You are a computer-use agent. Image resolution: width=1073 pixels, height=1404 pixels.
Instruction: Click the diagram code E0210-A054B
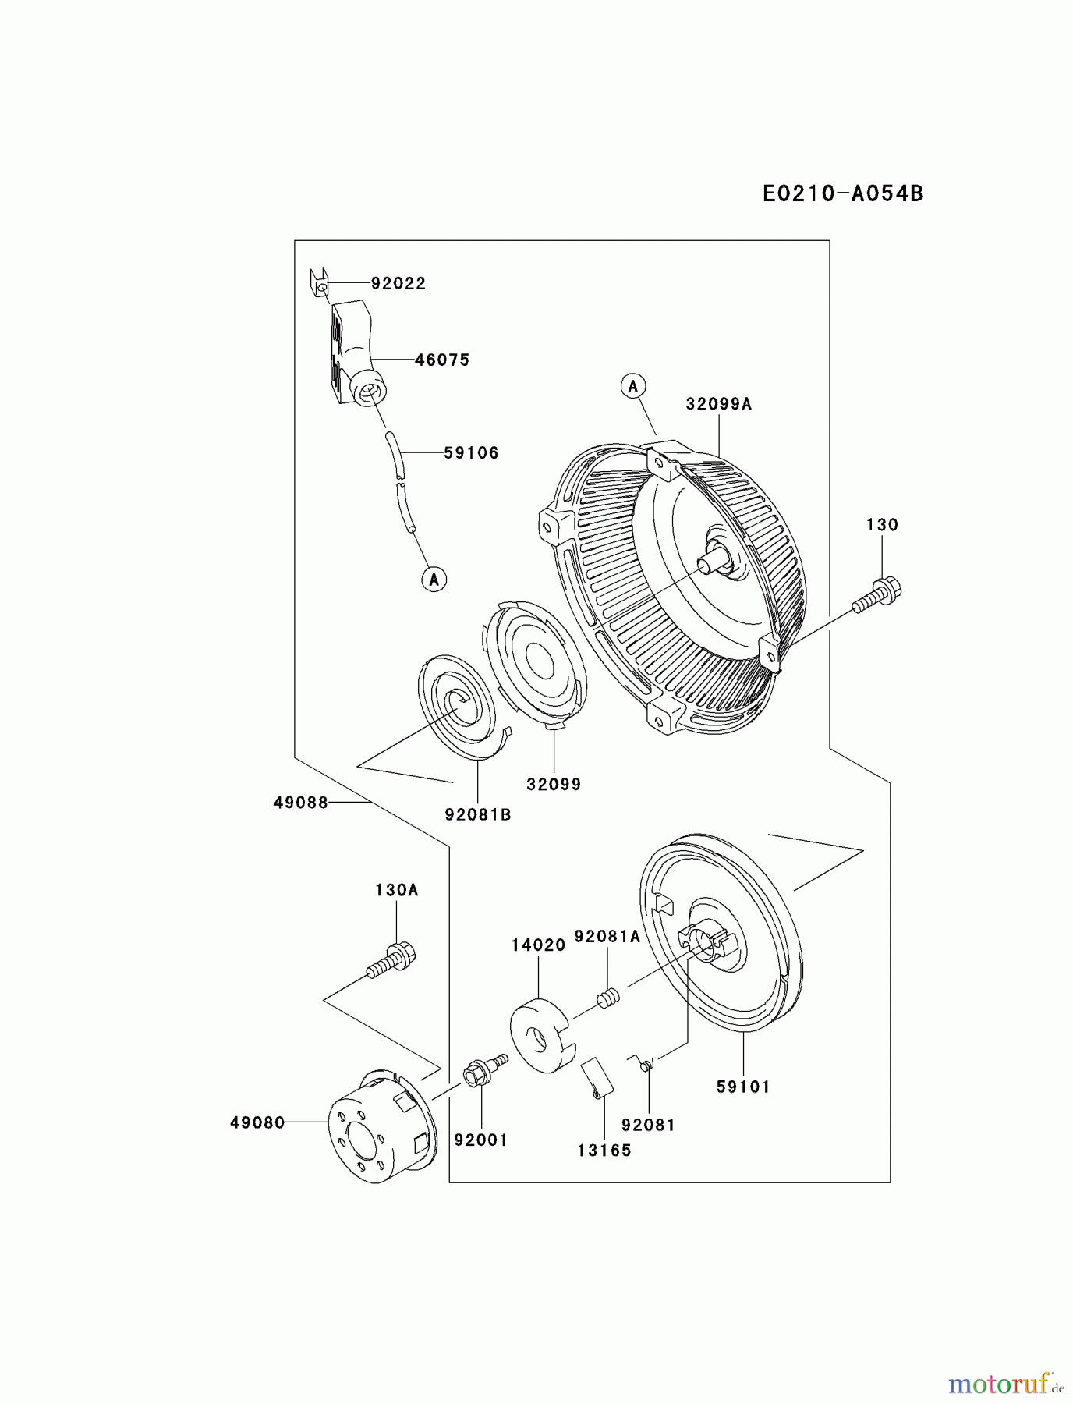(842, 193)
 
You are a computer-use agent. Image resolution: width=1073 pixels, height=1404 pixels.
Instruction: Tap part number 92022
(398, 283)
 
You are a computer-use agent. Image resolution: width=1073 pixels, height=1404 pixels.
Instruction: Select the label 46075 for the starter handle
(441, 360)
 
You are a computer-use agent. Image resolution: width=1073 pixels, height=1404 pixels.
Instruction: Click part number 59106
(471, 452)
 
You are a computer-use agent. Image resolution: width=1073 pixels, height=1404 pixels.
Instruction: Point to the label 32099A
(719, 403)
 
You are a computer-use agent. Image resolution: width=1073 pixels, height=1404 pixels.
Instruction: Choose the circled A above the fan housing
(633, 385)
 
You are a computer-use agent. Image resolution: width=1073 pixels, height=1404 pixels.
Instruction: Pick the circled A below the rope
(434, 579)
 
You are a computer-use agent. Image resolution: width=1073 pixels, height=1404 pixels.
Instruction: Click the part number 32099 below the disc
(554, 785)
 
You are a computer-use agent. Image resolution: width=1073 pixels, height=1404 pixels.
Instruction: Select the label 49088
(301, 802)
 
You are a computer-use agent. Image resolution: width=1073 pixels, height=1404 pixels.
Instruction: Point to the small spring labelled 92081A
(608, 998)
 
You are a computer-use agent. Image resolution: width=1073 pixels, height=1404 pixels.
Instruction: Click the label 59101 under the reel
(743, 1087)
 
